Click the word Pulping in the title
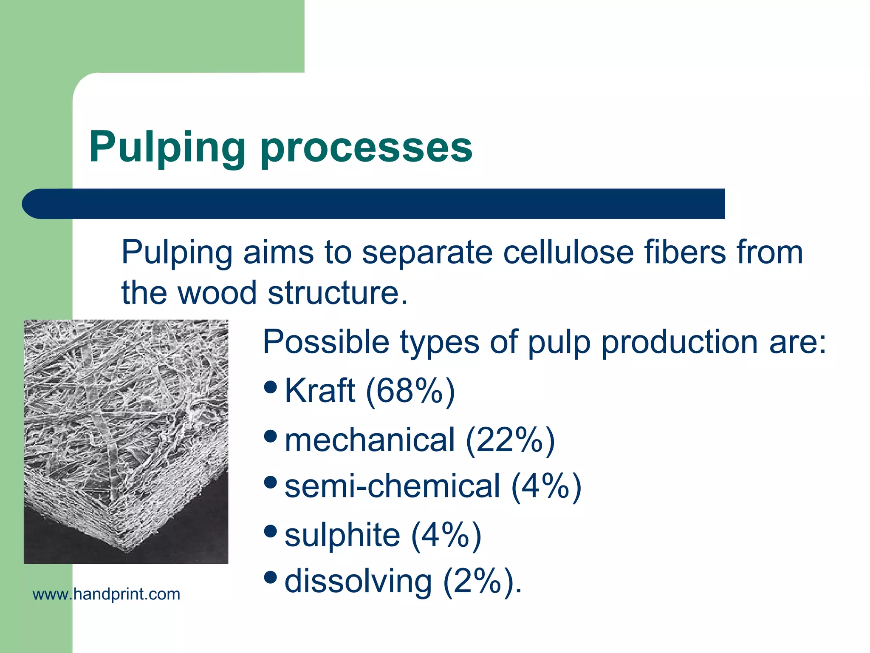point(167,148)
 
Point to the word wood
point(217,293)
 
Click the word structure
point(334,293)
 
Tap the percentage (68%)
point(410,391)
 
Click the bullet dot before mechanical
point(271,436)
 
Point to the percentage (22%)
point(510,440)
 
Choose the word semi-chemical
point(392,487)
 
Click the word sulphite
point(342,535)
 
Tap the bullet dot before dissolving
point(271,577)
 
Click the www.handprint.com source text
point(106,594)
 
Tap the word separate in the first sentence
point(427,253)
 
